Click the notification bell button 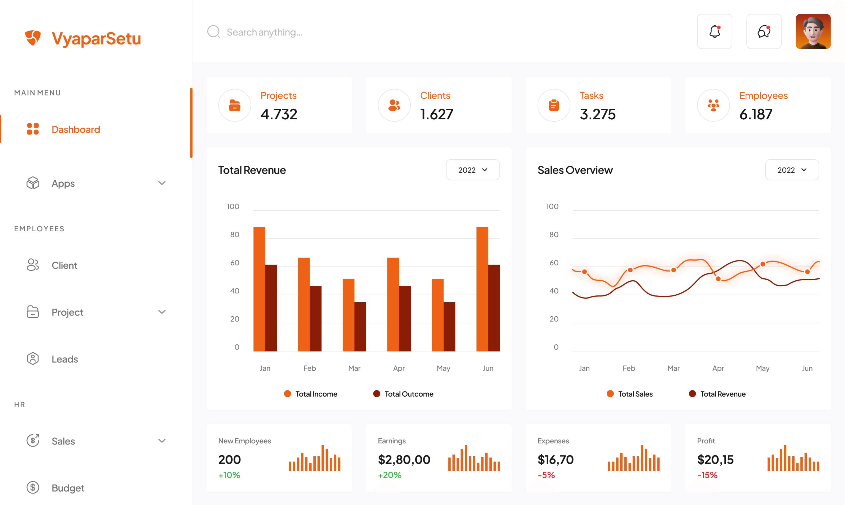pos(714,32)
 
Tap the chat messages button pos(763,32)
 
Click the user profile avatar pos(813,32)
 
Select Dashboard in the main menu pos(76,129)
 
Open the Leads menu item pos(65,359)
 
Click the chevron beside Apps pos(162,183)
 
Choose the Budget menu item pos(68,488)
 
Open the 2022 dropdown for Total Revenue pos(473,170)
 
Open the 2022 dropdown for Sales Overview pos(792,170)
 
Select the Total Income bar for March pos(348,315)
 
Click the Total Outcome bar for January pos(271,308)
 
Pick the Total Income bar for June pos(482,289)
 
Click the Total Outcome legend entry pos(403,394)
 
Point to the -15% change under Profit pos(707,475)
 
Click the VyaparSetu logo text pos(96,39)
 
